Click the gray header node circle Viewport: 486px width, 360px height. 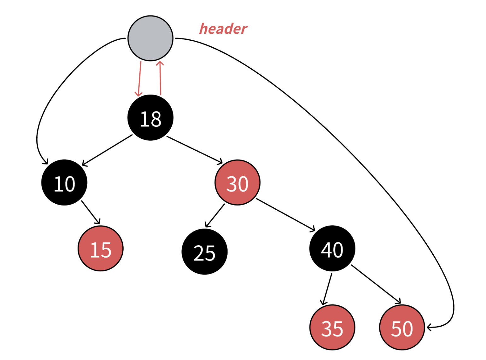tap(150, 38)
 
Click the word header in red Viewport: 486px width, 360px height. tap(223, 29)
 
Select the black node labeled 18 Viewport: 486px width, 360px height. tap(150, 118)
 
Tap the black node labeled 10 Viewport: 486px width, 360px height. tap(64, 183)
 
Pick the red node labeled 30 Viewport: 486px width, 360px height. tap(237, 183)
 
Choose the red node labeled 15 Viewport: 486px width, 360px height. tap(101, 249)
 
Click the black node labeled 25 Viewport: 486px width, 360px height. tap(204, 252)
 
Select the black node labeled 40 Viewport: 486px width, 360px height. tap(332, 249)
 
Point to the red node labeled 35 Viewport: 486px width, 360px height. tap(332, 328)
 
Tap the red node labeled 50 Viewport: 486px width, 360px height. tap(402, 328)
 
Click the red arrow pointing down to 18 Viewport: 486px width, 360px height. tap(139, 78)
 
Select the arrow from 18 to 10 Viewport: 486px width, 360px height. tap(107, 150)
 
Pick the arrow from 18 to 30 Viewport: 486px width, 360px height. tap(194, 150)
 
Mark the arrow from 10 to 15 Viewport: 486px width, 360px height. tap(91, 212)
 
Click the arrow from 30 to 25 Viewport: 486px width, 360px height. tap(215, 216)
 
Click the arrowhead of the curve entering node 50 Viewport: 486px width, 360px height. tap(429, 328)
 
